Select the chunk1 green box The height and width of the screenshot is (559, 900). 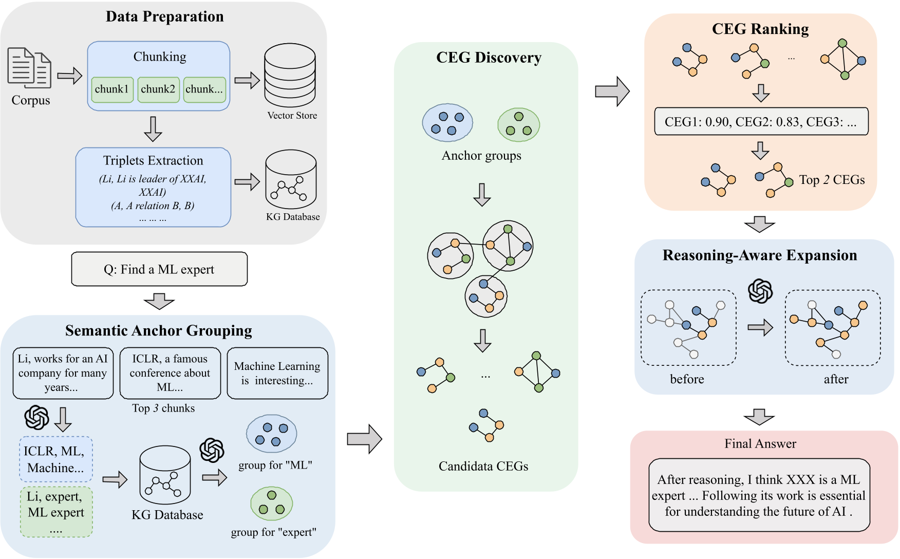[113, 89]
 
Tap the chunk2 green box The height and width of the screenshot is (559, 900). [158, 89]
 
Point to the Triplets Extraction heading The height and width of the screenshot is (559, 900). [153, 161]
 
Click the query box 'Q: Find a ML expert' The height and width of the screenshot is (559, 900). [159, 269]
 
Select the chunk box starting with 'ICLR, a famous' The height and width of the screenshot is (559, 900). [170, 373]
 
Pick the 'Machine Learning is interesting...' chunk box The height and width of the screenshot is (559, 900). [277, 373]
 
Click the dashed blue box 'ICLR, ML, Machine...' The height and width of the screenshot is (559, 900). [56, 459]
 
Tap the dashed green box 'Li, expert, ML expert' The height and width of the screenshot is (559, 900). [56, 512]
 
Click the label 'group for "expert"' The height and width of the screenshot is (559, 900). [273, 532]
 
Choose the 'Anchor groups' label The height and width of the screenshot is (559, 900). [481, 156]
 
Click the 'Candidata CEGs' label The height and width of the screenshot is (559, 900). [483, 466]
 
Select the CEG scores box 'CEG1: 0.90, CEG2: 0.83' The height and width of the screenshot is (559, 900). [761, 122]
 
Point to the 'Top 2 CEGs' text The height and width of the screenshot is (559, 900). [832, 180]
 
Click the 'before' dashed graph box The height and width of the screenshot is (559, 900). [688, 328]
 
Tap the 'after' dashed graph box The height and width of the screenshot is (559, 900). [833, 328]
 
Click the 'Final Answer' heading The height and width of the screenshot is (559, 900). [760, 444]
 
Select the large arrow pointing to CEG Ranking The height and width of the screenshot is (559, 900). [612, 91]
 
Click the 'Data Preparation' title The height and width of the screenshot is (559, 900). [165, 16]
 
